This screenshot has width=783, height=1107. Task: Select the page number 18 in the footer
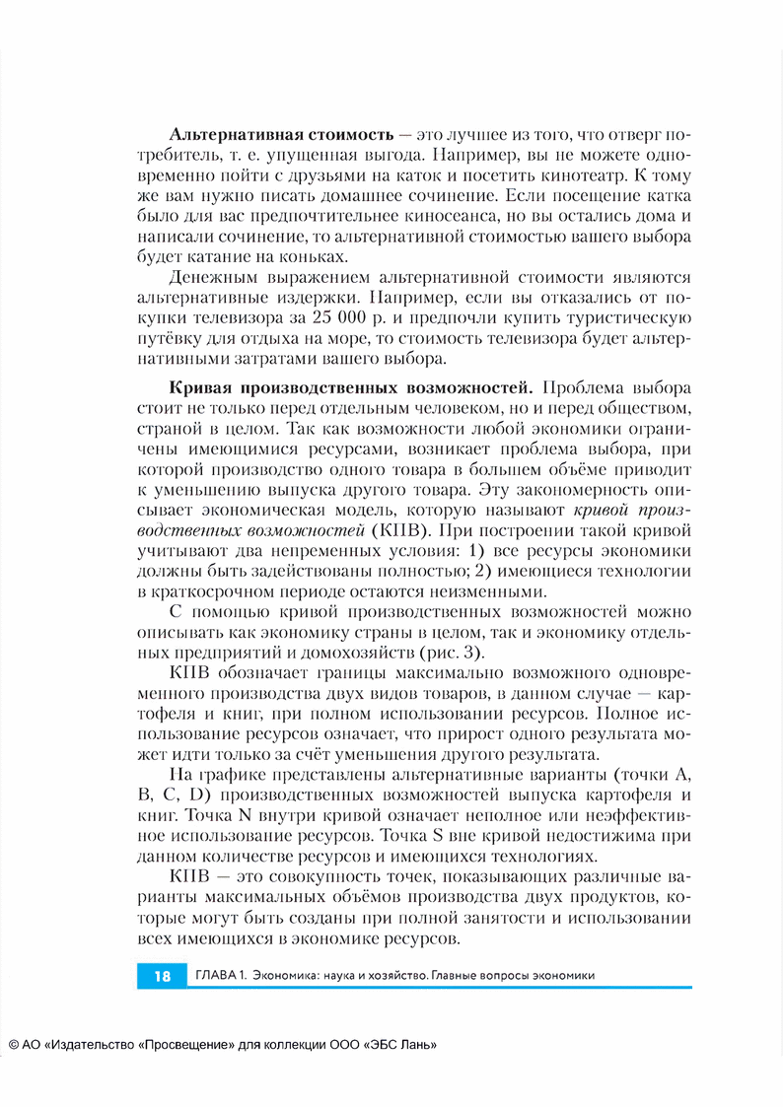[162, 976]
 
